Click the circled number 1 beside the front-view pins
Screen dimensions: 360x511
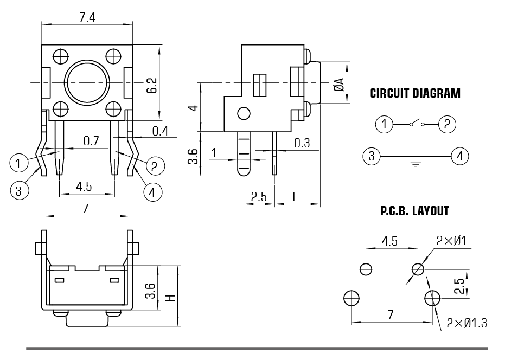pyautogui.click(x=19, y=162)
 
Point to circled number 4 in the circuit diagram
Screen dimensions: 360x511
pyautogui.click(x=460, y=156)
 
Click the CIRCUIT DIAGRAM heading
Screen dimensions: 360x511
pyautogui.click(x=415, y=93)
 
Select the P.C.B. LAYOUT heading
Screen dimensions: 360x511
pyautogui.click(x=414, y=211)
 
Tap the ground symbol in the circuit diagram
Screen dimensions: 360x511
pyautogui.click(x=416, y=162)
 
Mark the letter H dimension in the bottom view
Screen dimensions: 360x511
pyautogui.click(x=170, y=297)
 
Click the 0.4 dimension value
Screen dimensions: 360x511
pyautogui.click(x=161, y=131)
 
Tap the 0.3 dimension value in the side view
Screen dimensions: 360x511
pyautogui.click(x=302, y=143)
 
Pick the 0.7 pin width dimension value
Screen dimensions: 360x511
pyautogui.click(x=91, y=141)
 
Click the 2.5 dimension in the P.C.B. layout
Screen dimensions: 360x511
pyautogui.click(x=459, y=286)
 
